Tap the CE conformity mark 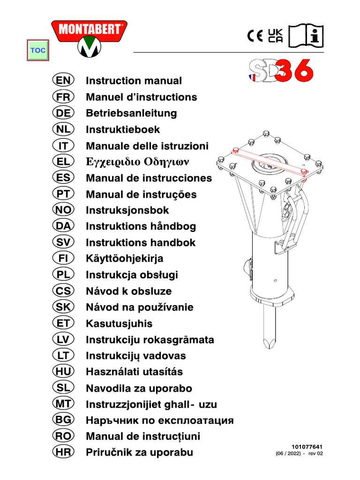click(x=255, y=36)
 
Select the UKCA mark click(x=276, y=36)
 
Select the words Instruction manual click(x=134, y=81)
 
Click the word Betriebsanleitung click(x=131, y=113)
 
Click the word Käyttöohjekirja click(x=125, y=259)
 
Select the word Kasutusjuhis click(x=119, y=323)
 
